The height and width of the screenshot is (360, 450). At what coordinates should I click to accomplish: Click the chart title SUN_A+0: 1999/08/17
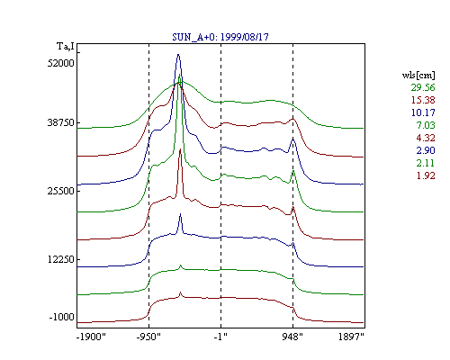(x=220, y=37)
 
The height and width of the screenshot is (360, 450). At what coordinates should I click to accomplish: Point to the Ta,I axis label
(x=66, y=46)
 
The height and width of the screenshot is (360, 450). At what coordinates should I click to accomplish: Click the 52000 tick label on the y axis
(x=60, y=63)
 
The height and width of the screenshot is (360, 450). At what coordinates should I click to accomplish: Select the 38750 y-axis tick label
(x=60, y=122)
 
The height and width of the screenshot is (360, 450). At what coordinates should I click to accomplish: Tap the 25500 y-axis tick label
(x=60, y=191)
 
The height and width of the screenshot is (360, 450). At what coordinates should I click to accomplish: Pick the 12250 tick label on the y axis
(x=60, y=259)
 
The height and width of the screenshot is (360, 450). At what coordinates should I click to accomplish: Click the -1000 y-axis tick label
(x=61, y=317)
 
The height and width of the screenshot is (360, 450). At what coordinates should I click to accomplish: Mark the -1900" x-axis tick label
(x=91, y=337)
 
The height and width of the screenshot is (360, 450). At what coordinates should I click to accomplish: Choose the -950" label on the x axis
(x=148, y=337)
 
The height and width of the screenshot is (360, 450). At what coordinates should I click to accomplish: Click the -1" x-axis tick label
(x=220, y=337)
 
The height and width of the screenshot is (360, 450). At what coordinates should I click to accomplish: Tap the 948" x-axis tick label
(x=292, y=337)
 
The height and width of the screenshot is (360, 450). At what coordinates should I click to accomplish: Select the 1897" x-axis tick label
(x=351, y=337)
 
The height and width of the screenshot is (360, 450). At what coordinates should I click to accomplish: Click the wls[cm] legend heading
(x=418, y=76)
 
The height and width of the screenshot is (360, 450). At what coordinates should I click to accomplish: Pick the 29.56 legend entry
(x=423, y=87)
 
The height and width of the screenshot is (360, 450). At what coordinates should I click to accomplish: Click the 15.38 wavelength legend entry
(x=423, y=100)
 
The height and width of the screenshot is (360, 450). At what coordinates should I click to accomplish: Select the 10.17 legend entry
(x=423, y=112)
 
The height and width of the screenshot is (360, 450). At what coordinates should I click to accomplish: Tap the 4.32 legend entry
(x=426, y=138)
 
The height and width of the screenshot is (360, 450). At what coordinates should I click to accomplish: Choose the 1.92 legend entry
(x=426, y=175)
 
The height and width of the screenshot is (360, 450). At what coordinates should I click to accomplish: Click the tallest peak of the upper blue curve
(x=178, y=55)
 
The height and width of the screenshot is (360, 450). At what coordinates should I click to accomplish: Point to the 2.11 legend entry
(x=426, y=163)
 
